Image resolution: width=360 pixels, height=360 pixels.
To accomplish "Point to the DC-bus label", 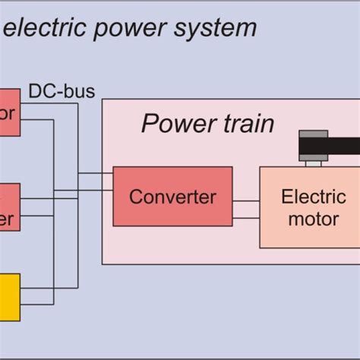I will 62,92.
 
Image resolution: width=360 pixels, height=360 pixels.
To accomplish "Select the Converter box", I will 172,197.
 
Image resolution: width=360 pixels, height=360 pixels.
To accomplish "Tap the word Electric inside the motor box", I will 308,197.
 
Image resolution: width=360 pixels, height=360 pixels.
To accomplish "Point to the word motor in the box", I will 308,219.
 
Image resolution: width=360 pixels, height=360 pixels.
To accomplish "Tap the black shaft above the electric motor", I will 328,144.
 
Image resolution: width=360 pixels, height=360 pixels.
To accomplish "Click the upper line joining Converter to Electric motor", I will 246,202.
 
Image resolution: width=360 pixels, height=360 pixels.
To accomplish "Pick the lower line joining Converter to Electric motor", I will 246,219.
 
